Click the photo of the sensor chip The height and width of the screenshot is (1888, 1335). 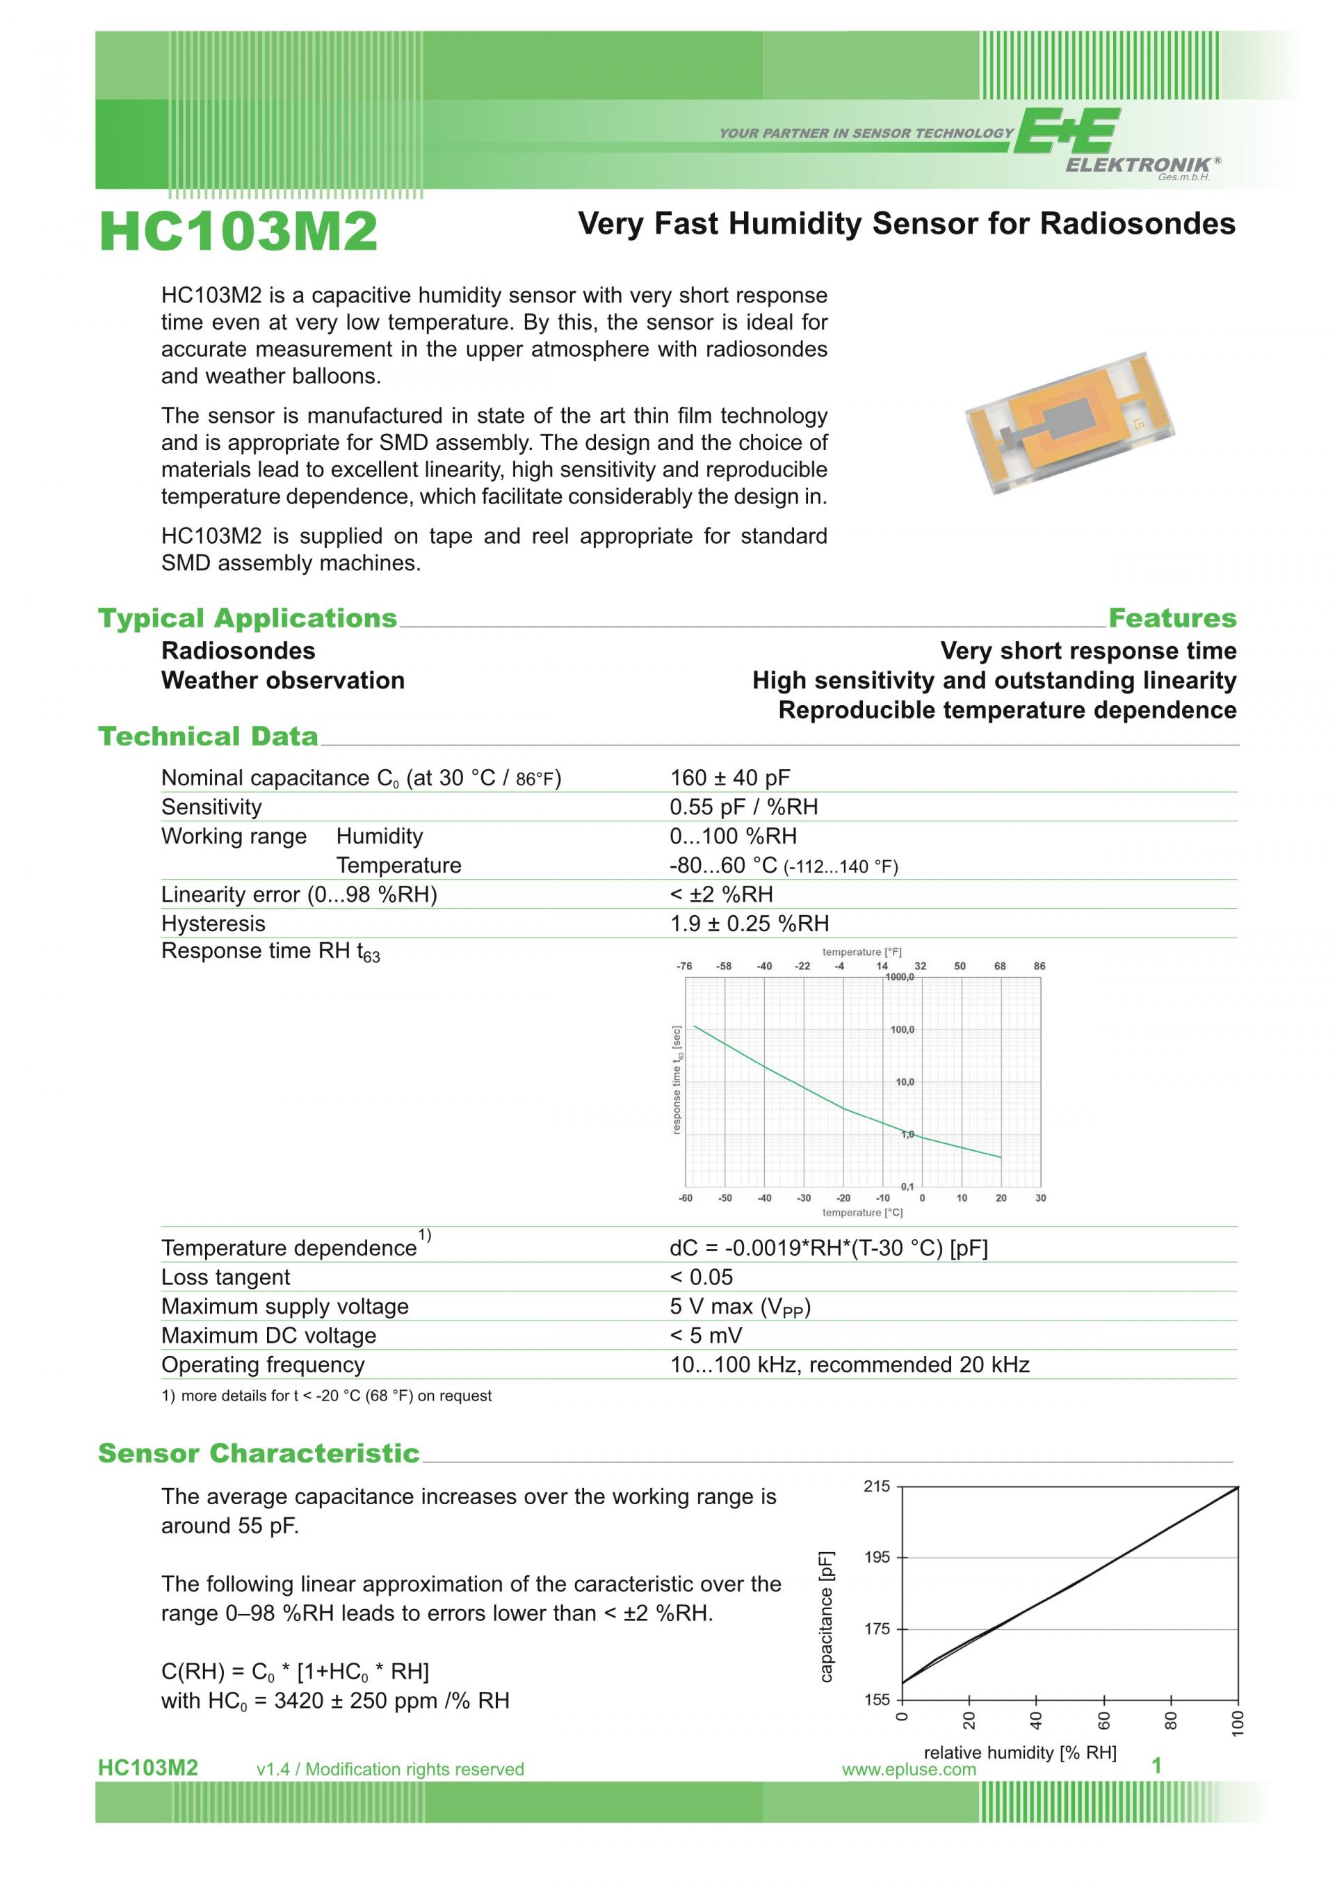[x=1069, y=423]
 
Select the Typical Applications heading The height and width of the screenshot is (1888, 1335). [x=247, y=618]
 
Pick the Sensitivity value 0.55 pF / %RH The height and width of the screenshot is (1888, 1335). [x=743, y=807]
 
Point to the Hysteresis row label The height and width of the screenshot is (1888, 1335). [x=213, y=923]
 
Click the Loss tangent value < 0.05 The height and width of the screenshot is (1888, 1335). [x=700, y=1277]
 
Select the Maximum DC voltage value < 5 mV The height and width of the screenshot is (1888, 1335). [x=705, y=1335]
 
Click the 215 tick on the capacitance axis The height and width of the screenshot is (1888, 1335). [x=876, y=1487]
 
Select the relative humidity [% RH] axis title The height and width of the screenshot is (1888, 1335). [x=1019, y=1752]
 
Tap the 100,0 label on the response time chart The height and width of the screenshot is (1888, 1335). [x=902, y=1029]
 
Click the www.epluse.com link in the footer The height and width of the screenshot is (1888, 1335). [x=908, y=1770]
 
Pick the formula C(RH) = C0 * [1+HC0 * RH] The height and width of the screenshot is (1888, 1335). [x=294, y=1672]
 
